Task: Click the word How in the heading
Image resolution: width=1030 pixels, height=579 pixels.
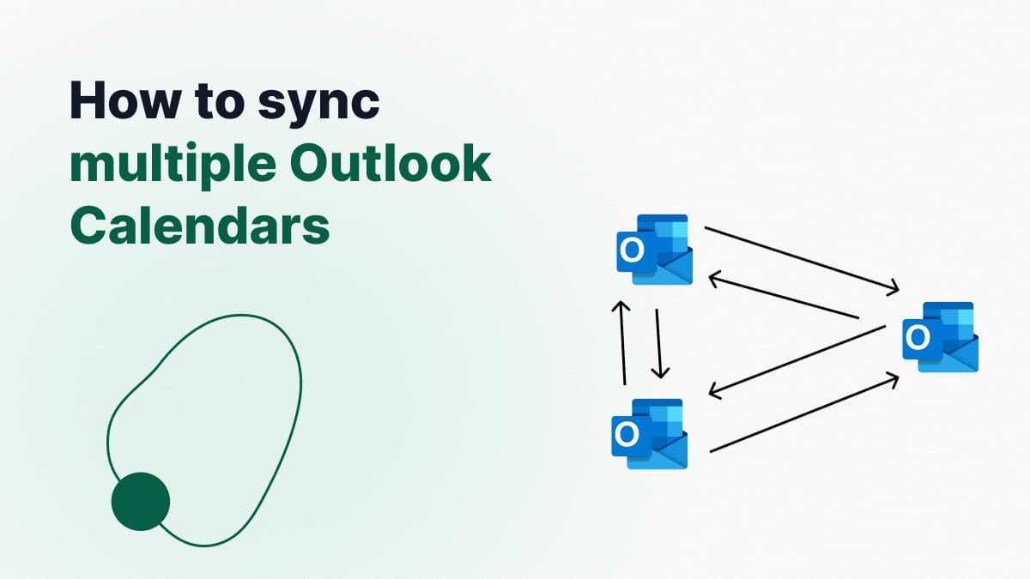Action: point(124,100)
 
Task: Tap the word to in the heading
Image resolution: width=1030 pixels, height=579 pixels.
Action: point(219,101)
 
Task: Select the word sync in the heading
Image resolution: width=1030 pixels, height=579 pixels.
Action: point(318,106)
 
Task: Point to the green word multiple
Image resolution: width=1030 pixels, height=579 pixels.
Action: point(173,166)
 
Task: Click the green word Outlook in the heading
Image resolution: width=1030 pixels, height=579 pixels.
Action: point(391,164)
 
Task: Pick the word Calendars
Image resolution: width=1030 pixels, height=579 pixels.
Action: point(200,226)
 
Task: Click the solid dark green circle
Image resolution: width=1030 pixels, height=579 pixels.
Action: point(141,501)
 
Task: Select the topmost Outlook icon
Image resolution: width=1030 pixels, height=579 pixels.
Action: point(654,250)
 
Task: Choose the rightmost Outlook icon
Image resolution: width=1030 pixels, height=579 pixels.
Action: point(941,337)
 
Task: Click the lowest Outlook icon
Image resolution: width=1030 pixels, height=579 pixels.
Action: point(649,434)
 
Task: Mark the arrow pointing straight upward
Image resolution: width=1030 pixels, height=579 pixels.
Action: point(622,343)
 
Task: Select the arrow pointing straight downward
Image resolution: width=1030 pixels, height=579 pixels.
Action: point(659,344)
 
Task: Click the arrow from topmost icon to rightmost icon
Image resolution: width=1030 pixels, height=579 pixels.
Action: point(802,260)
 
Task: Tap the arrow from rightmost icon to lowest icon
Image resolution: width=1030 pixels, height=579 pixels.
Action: point(797,362)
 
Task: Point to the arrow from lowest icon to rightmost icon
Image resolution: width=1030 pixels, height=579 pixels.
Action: point(805,413)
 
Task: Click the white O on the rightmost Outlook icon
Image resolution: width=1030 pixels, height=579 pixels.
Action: point(918,338)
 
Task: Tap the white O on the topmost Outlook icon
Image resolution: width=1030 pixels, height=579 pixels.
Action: point(632,250)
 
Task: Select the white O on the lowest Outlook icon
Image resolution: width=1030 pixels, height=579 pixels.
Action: point(627,434)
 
